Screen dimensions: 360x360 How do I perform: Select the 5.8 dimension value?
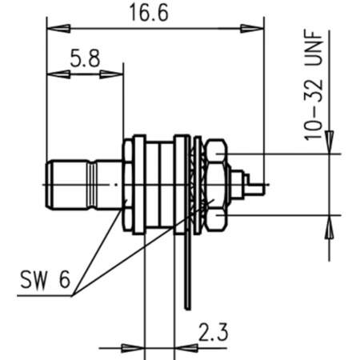(x=84, y=59)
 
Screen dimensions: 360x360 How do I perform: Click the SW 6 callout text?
(x=45, y=282)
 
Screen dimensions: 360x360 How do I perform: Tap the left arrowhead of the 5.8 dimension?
(x=55, y=77)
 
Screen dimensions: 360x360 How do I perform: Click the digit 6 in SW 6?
(x=66, y=282)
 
